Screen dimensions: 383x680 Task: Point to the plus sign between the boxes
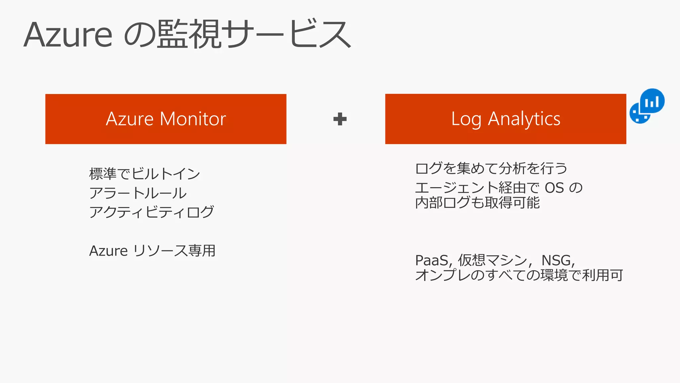(x=340, y=119)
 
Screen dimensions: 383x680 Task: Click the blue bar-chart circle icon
(x=652, y=101)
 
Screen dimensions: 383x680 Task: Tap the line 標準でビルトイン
(x=144, y=174)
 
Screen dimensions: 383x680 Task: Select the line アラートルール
(x=138, y=193)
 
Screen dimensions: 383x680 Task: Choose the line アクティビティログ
(x=151, y=212)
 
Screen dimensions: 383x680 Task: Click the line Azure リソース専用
(x=152, y=251)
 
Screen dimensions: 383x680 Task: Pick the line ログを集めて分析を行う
(x=491, y=168)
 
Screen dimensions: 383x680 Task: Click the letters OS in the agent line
(x=554, y=188)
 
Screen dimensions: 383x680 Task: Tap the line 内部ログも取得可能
(x=477, y=202)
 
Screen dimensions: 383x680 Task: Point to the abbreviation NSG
(x=557, y=260)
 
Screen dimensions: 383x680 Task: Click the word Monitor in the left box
(x=193, y=119)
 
